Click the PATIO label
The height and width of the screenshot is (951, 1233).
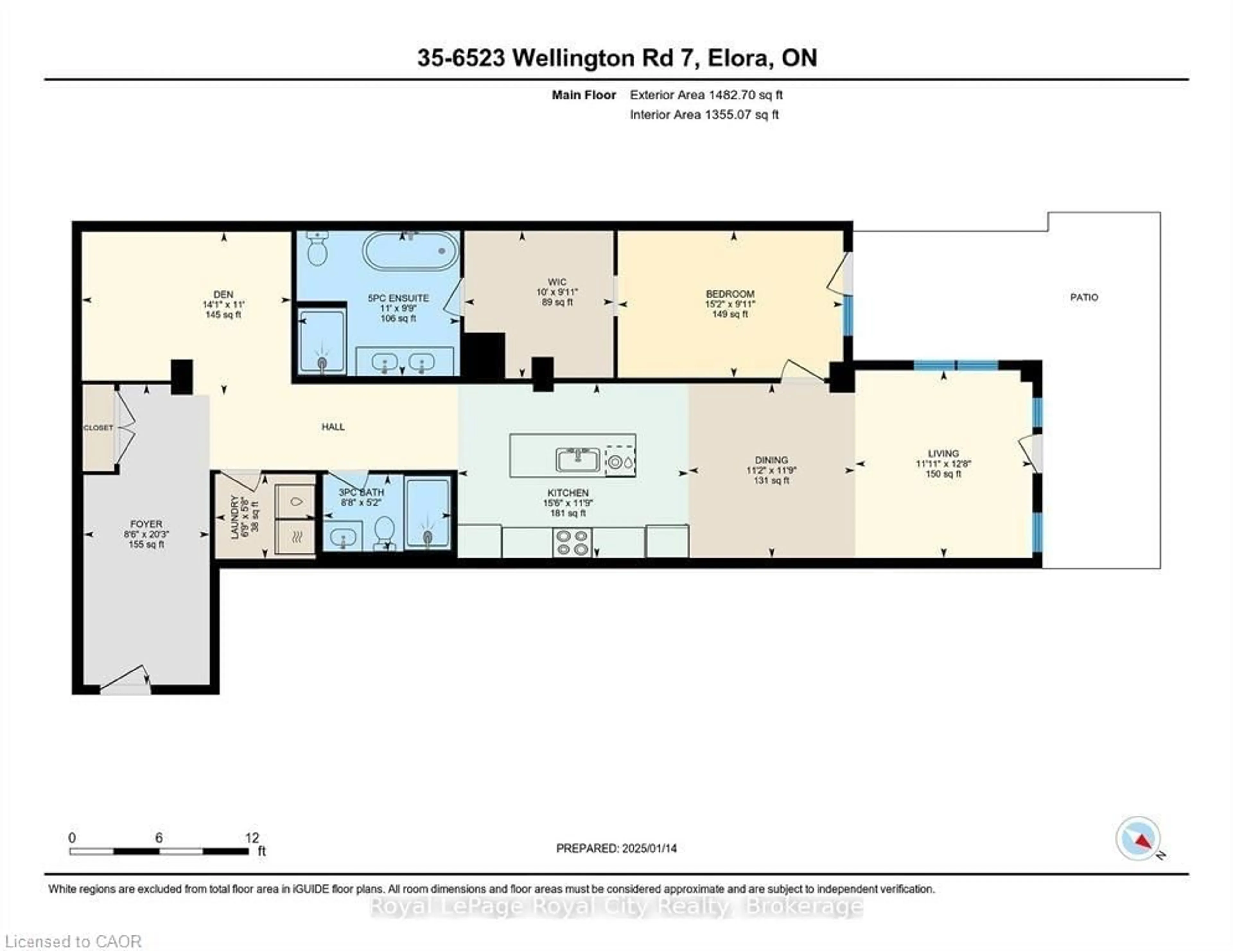1084,298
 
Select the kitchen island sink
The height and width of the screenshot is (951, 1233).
578,460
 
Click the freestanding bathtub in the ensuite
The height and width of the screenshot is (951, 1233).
410,251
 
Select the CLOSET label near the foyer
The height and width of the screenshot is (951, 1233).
98,428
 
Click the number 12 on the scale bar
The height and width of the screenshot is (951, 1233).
252,838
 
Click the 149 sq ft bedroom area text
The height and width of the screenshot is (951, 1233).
730,314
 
